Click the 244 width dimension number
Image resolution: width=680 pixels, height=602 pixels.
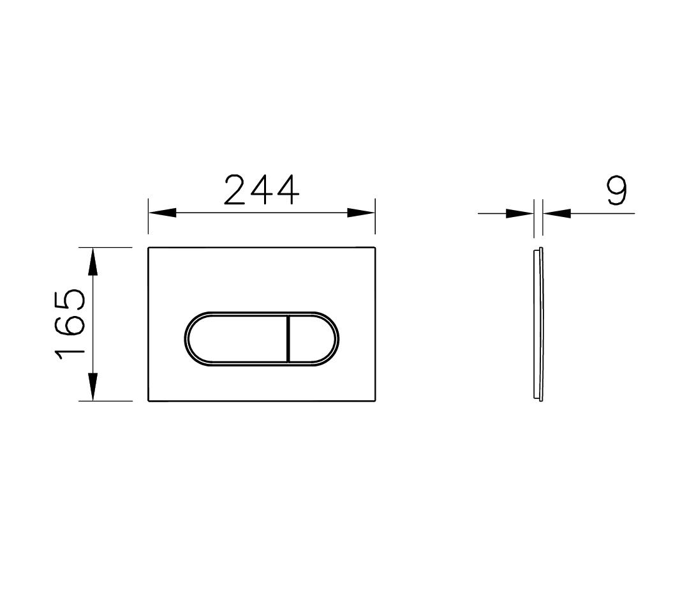[x=262, y=190]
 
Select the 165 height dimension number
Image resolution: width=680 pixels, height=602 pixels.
[x=70, y=324]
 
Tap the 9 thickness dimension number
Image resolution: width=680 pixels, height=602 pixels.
[x=616, y=191]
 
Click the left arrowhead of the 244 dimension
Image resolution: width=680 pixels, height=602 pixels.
[x=162, y=213]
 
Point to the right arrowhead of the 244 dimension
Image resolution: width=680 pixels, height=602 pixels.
[x=361, y=213]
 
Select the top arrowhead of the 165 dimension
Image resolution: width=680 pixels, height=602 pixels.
[x=93, y=262]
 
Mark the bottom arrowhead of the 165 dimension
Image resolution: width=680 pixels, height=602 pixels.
[x=93, y=387]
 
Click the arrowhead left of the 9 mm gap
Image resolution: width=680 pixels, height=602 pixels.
[x=519, y=213]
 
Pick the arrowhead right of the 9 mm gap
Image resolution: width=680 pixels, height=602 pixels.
[x=558, y=213]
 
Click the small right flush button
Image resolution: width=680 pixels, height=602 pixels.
[x=313, y=340]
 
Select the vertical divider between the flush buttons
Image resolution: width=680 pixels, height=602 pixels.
[x=289, y=340]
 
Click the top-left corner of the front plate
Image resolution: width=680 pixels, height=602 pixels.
[x=149, y=248]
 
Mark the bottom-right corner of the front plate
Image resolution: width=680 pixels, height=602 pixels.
[x=375, y=401]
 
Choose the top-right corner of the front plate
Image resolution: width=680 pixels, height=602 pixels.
[x=375, y=248]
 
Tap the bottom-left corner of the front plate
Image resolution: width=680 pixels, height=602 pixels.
[x=149, y=401]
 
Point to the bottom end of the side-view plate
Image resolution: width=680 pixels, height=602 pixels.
[x=540, y=400]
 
